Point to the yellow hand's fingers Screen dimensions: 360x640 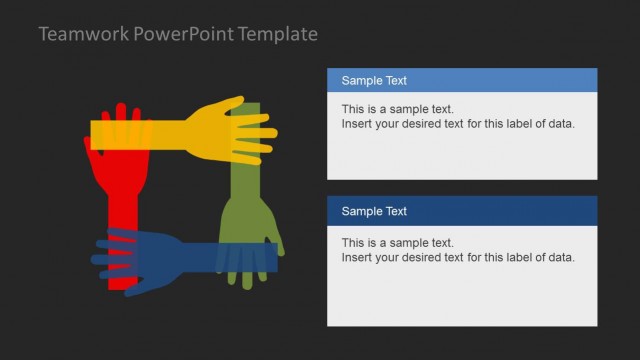255,131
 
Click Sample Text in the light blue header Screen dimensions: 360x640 374,81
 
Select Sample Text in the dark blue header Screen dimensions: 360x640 374,211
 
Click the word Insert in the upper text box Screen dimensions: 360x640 357,124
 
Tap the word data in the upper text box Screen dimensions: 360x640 561,124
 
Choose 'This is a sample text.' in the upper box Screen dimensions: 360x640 397,109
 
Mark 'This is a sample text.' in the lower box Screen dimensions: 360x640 397,243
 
